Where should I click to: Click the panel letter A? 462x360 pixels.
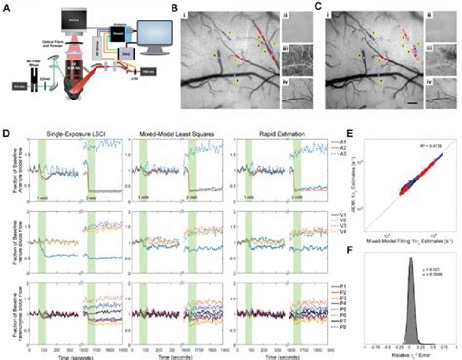tap(6, 6)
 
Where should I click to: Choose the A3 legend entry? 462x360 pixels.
tap(344, 154)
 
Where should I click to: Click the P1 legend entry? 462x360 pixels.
tap(344, 287)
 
